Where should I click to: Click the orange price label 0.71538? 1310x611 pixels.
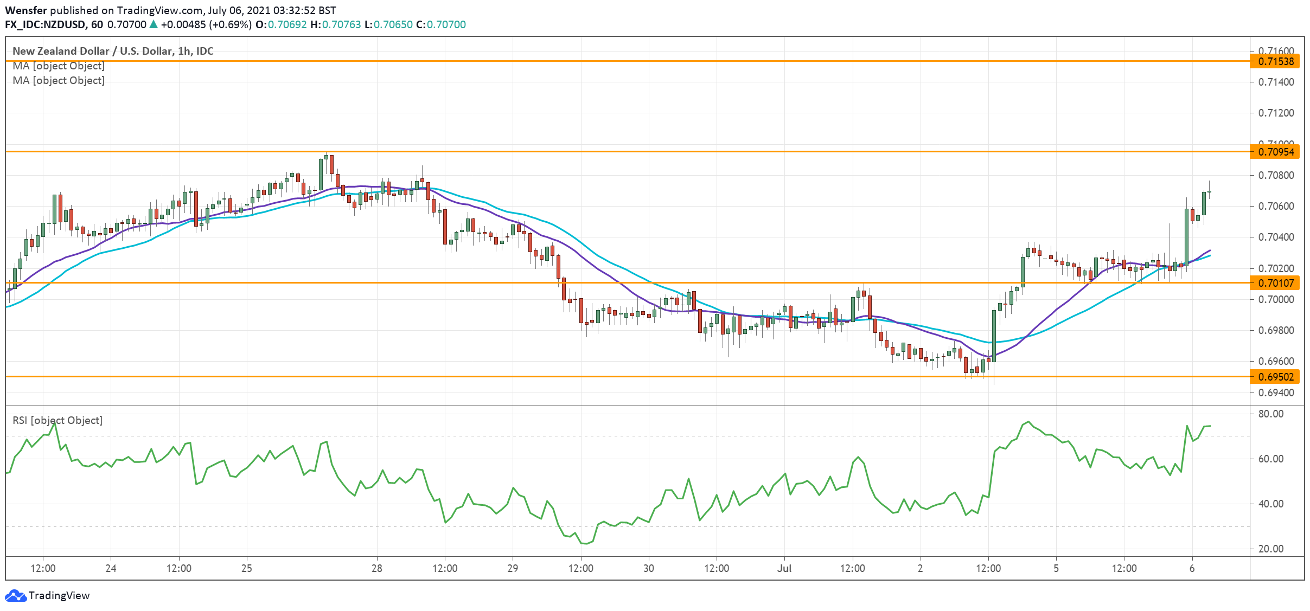(x=1276, y=61)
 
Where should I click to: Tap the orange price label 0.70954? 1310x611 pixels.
(x=1276, y=152)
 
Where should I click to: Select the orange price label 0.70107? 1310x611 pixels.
(x=1276, y=282)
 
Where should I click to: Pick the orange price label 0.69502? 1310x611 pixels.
(x=1276, y=376)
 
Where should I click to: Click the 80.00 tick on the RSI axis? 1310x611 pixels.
(x=1271, y=414)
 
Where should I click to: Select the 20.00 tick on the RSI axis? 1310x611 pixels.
(x=1271, y=549)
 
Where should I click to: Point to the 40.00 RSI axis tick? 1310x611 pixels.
(x=1271, y=504)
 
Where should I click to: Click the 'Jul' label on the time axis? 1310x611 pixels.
(x=784, y=568)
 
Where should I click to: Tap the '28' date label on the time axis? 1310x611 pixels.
(x=376, y=568)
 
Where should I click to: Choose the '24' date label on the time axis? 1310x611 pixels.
(x=111, y=568)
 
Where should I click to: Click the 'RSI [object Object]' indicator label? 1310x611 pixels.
(x=57, y=420)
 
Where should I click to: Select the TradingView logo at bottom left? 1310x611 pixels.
(x=47, y=595)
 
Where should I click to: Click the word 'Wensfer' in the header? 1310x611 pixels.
(x=26, y=10)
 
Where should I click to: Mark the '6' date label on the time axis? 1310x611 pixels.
(x=1192, y=568)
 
